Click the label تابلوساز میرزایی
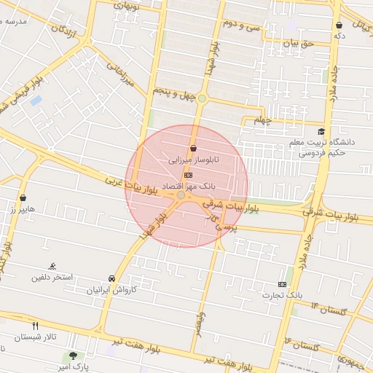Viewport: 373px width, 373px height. (x=189, y=158)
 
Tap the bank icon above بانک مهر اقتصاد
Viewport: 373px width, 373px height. (x=189, y=175)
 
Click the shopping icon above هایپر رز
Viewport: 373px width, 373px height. (x=23, y=197)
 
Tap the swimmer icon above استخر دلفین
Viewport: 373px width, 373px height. (x=52, y=267)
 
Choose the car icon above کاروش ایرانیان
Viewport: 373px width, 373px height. (x=111, y=279)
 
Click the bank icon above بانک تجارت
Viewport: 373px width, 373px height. (x=282, y=283)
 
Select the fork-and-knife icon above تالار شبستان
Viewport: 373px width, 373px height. (x=34, y=325)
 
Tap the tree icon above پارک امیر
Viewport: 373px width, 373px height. (x=71, y=356)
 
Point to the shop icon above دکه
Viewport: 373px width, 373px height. (x=339, y=25)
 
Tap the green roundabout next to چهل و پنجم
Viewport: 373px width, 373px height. (x=202, y=98)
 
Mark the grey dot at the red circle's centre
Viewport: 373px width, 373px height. (x=181, y=195)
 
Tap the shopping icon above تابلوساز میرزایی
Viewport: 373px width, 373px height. (x=192, y=148)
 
